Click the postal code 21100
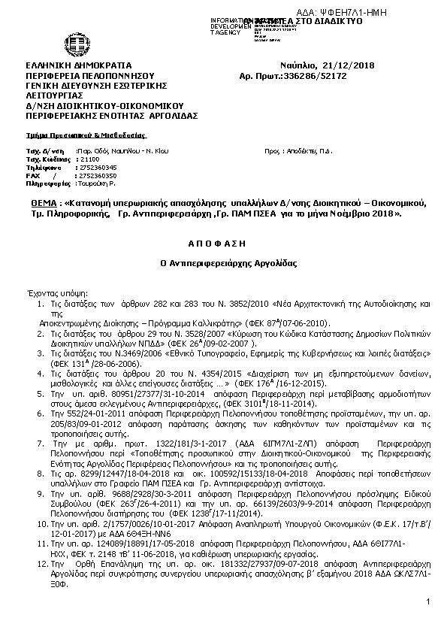point(89,159)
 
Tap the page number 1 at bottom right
point(426,602)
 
